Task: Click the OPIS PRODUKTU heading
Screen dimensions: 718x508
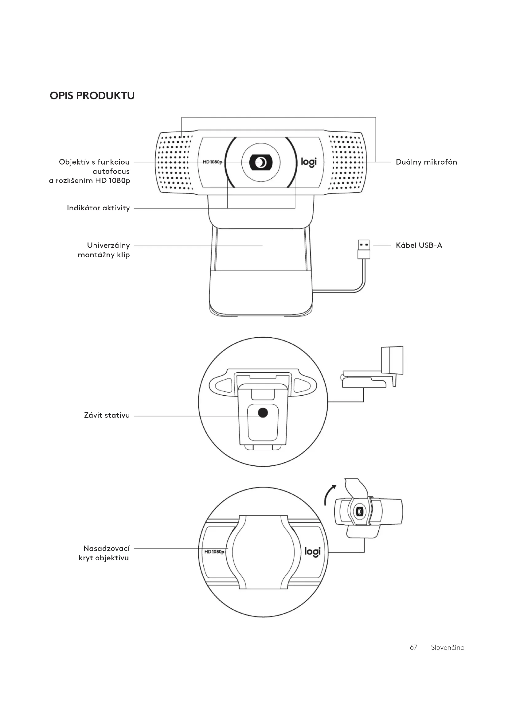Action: [92, 96]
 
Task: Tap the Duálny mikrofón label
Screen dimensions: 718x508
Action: [426, 162]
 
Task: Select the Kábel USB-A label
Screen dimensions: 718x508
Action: [419, 245]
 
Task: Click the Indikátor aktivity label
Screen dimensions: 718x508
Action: [98, 208]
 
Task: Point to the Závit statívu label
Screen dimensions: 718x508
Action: [107, 416]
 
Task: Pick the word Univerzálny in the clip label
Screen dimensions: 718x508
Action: [108, 245]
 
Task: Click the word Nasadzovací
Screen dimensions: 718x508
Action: [106, 548]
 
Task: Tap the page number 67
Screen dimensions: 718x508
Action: [413, 647]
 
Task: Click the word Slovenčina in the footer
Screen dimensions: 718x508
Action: [447, 647]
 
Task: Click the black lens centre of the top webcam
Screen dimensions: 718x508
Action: [260, 163]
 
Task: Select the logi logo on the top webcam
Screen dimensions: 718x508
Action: [308, 162]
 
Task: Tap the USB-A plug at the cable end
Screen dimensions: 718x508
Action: [364, 249]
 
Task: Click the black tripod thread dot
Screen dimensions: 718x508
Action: [263, 413]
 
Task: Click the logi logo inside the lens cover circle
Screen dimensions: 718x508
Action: [312, 552]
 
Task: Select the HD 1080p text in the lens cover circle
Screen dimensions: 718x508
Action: [214, 552]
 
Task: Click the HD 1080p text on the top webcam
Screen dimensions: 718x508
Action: [212, 162]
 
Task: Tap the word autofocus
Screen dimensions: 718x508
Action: [111, 171]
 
